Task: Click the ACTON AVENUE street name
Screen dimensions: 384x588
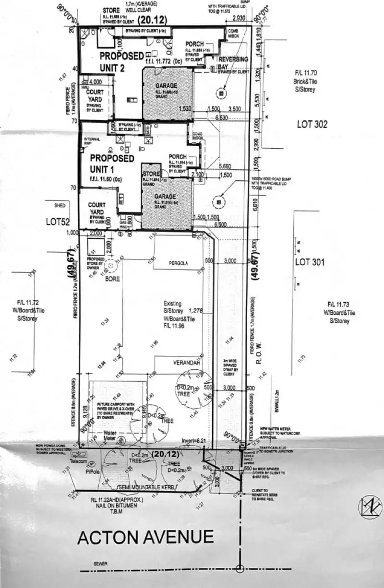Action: tap(145, 537)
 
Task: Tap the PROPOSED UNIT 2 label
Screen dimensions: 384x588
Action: tap(115, 61)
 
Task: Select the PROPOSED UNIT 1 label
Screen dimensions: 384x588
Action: tap(112, 163)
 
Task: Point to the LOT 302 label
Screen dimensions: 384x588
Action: tap(312, 124)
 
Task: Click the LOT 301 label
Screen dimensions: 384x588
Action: tap(310, 262)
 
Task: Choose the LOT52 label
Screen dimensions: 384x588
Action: tap(58, 222)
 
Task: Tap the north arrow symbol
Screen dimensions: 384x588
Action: tap(369, 507)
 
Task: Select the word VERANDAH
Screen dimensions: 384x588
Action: tap(186, 363)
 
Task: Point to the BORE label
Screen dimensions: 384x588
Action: tap(113, 278)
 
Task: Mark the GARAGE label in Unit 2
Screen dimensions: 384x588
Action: tap(167, 86)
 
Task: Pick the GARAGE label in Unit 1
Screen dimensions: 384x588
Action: tap(165, 197)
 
